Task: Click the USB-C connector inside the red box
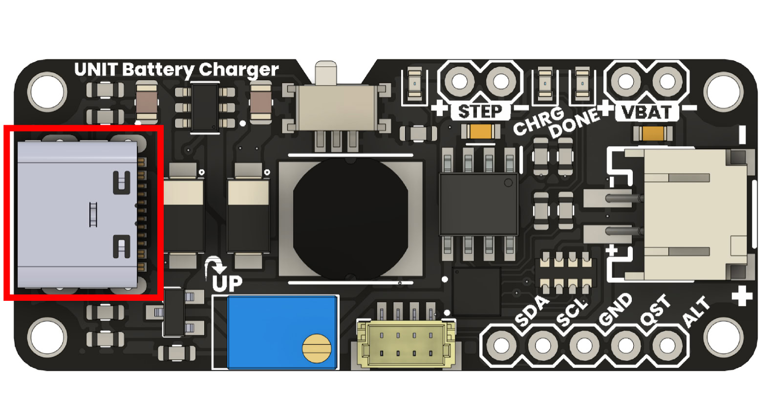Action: click(x=78, y=214)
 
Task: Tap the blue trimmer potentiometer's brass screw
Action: click(x=317, y=348)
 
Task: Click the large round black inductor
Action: click(x=350, y=218)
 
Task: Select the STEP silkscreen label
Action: click(x=480, y=112)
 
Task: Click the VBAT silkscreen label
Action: click(x=646, y=112)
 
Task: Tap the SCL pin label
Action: click(x=572, y=312)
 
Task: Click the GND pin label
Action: click(x=615, y=310)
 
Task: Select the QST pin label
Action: click(x=655, y=310)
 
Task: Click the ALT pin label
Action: click(x=696, y=311)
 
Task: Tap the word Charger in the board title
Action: click(x=238, y=70)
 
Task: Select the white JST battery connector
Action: click(x=694, y=213)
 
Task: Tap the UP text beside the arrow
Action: click(x=227, y=283)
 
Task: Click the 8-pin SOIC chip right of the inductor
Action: click(x=478, y=204)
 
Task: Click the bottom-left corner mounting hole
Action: click(x=47, y=337)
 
